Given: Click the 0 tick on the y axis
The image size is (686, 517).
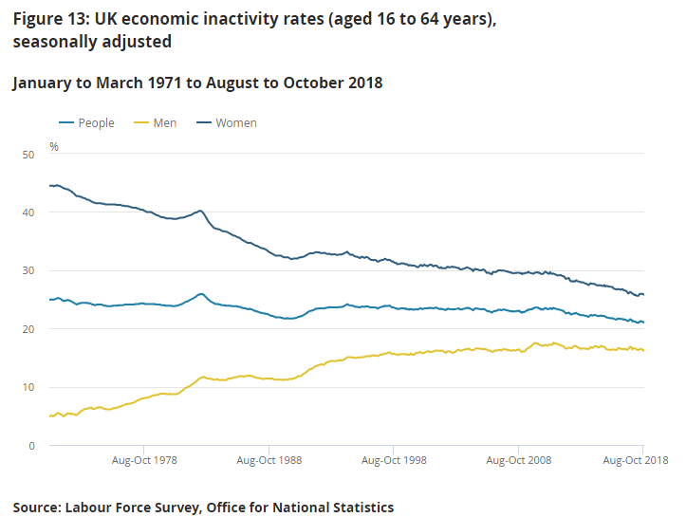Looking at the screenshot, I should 30,446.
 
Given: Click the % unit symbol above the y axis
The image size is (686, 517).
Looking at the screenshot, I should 54,147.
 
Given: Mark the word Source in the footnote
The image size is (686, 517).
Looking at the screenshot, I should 36,508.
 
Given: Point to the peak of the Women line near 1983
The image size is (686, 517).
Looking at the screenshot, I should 200,211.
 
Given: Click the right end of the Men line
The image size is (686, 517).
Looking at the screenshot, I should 643,350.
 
